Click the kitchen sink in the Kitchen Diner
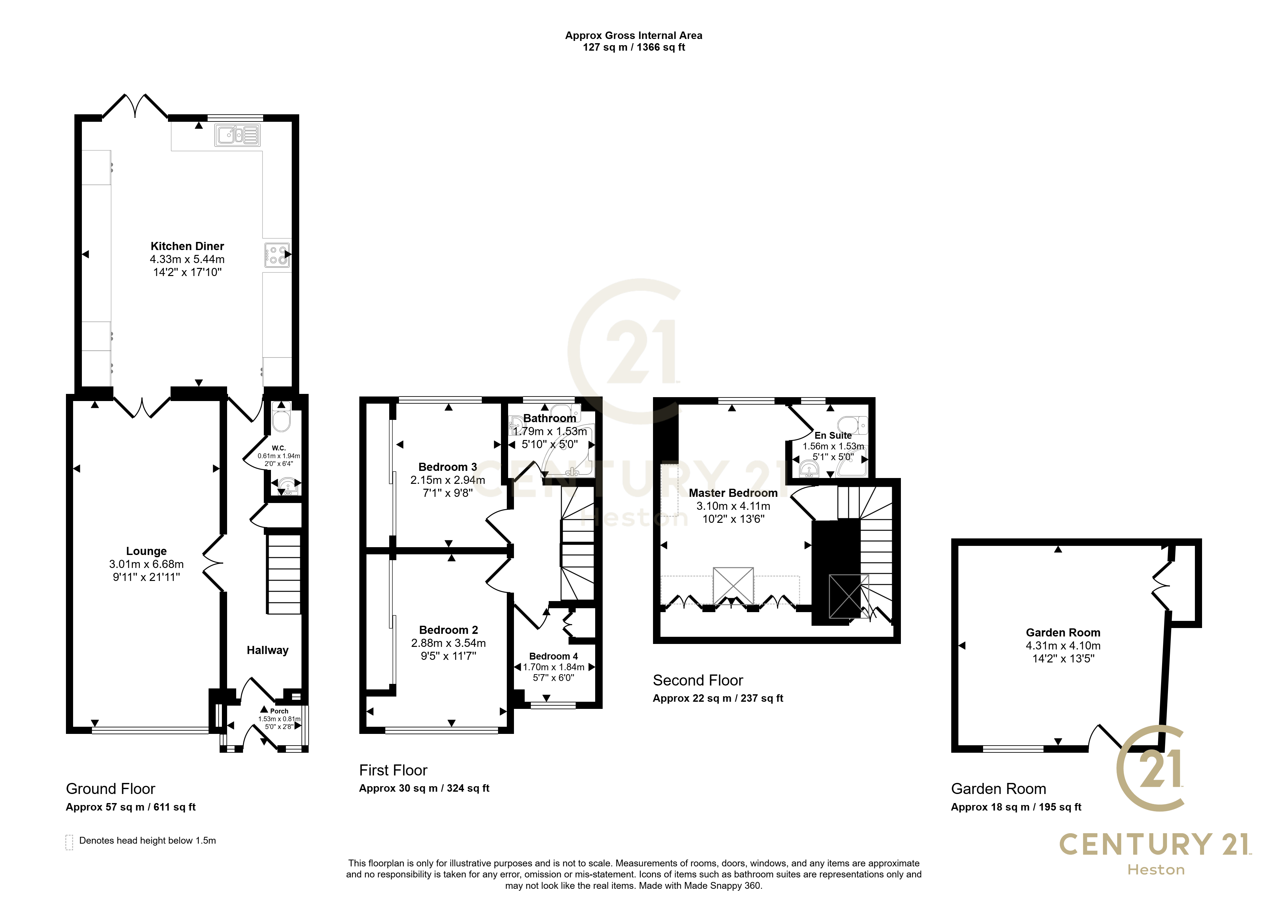point(238,135)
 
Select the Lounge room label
point(146,551)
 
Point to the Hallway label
point(268,650)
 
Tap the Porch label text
point(279,711)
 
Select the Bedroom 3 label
point(448,467)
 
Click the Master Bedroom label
point(733,493)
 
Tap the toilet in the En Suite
point(853,425)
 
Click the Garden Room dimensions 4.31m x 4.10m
point(1063,646)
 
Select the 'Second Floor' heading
point(698,681)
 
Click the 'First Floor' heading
point(393,771)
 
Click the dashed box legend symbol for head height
point(69,842)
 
